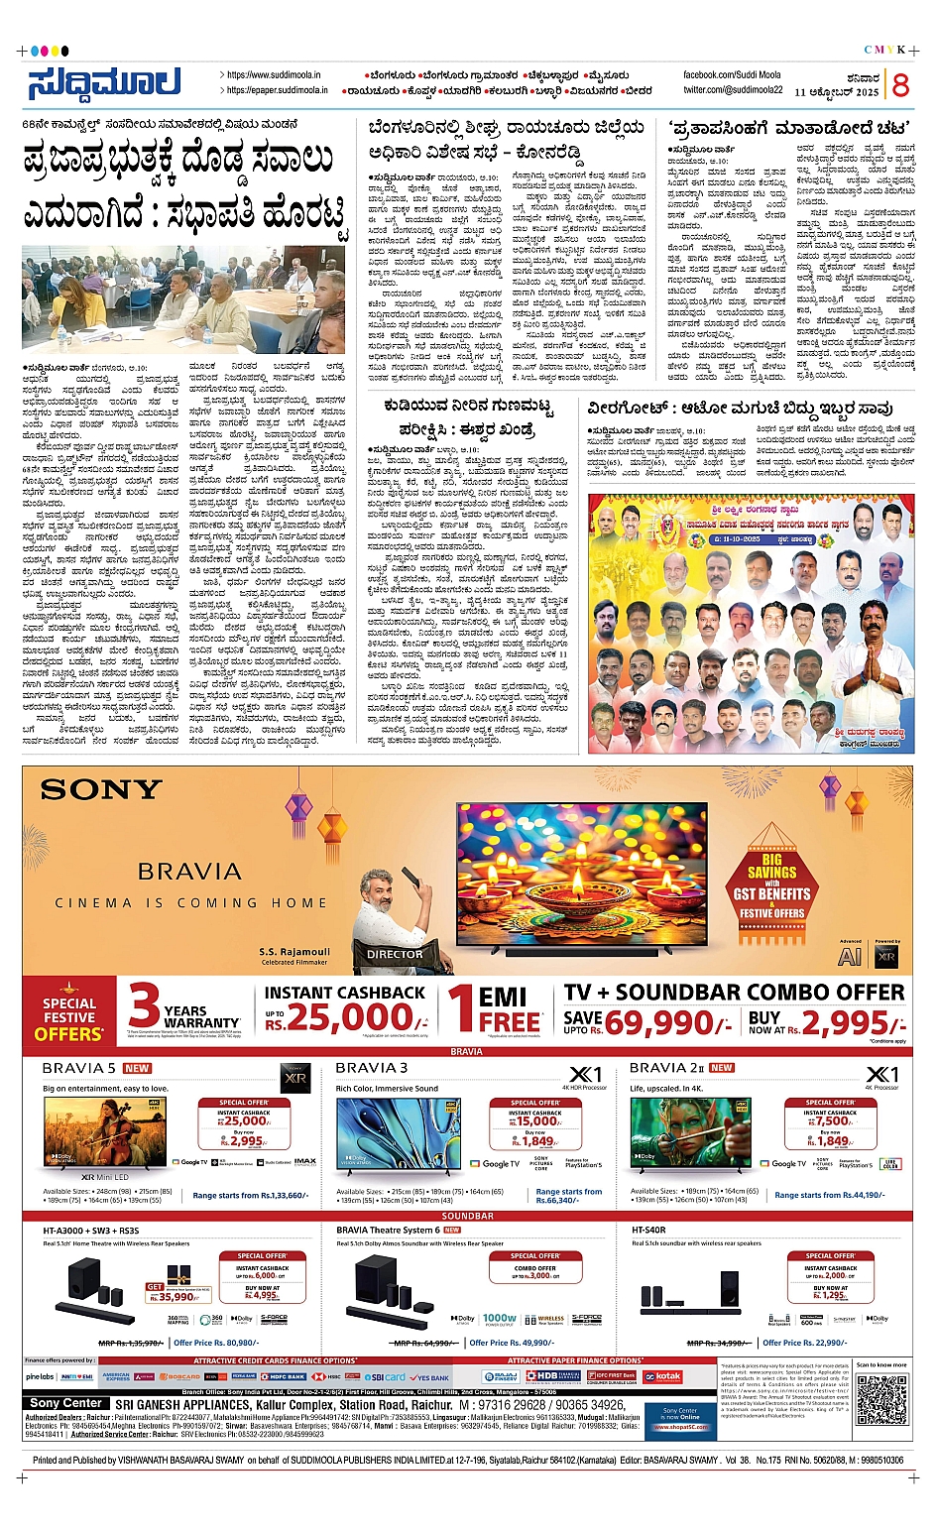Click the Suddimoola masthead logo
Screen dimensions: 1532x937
(104, 82)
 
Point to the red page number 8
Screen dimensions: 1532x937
(899, 85)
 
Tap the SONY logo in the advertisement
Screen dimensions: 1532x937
(101, 789)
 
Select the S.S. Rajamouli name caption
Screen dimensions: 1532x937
(293, 952)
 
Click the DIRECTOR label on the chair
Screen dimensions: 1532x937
(395, 954)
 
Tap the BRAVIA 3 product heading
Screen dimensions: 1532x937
(371, 1068)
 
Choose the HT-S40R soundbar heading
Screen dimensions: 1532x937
(648, 1230)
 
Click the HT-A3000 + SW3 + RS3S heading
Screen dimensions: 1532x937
(91, 1230)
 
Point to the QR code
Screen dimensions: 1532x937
(880, 1399)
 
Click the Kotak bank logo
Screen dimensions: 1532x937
(663, 1376)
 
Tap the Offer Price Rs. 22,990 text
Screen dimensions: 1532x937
(804, 1343)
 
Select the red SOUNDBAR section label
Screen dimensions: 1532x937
(467, 1216)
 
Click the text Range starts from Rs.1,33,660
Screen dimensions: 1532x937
(251, 1196)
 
